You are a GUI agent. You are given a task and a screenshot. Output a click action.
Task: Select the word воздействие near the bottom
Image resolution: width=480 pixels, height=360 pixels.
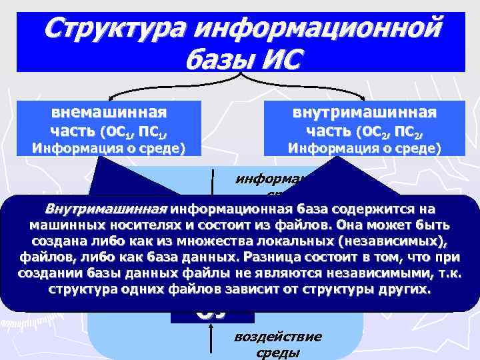point(278,336)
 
